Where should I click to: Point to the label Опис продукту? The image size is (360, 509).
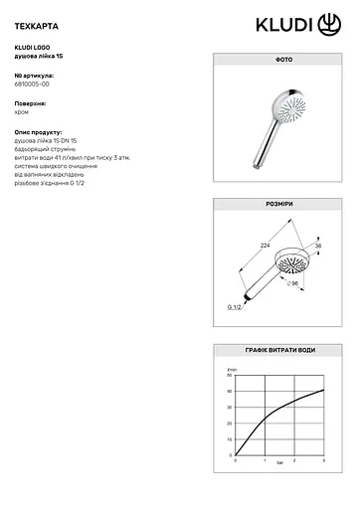coord(39,130)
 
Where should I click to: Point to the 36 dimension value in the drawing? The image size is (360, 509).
coord(319,247)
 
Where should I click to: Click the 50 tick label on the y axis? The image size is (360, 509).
coord(229,378)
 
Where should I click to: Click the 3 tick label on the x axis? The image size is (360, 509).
coord(325,460)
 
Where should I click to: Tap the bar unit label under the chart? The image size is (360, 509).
coord(280,464)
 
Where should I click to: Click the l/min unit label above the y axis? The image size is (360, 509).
coord(233,370)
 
